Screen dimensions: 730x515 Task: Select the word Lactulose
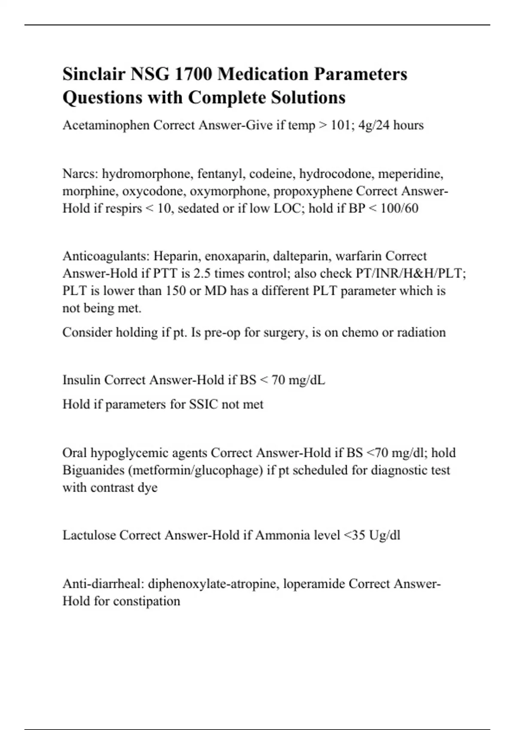(x=89, y=535)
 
